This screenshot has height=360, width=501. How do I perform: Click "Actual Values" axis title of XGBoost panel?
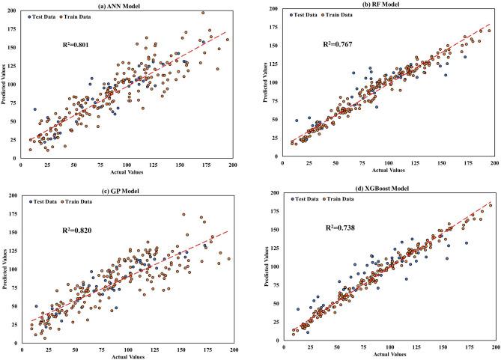coord(389,356)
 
